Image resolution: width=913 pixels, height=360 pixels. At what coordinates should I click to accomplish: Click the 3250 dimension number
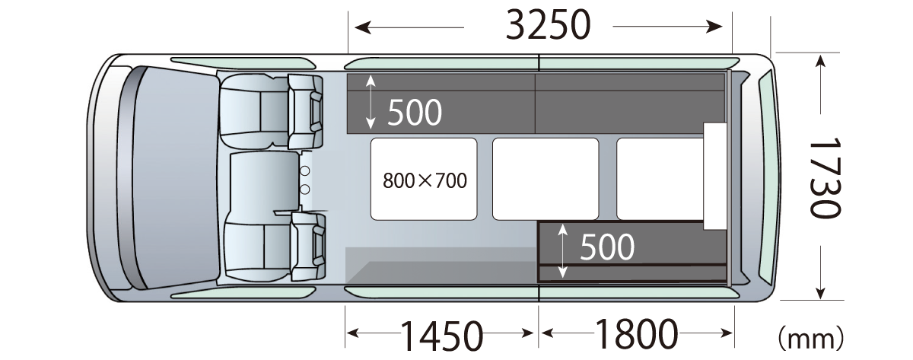click(548, 27)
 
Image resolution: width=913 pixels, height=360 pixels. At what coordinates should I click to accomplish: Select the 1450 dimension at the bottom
click(442, 334)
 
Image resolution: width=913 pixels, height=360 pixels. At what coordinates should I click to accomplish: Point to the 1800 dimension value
click(636, 333)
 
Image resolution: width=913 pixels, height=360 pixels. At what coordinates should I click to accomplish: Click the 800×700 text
click(425, 181)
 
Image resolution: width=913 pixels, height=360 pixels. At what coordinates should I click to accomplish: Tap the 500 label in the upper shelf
click(415, 113)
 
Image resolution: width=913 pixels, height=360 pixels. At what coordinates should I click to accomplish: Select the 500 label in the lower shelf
click(607, 247)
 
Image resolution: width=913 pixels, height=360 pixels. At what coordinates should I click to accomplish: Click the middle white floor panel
click(546, 179)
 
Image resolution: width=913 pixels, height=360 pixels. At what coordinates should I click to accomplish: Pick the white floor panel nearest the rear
click(659, 179)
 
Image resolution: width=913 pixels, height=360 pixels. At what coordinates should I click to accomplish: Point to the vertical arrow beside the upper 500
click(371, 101)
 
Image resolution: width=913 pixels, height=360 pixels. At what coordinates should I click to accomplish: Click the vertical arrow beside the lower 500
click(562, 250)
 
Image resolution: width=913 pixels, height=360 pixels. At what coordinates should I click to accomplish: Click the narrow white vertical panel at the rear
click(714, 175)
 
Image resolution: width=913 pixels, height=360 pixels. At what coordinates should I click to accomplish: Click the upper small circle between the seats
click(304, 170)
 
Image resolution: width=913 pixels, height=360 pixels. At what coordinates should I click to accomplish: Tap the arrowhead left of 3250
click(362, 28)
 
